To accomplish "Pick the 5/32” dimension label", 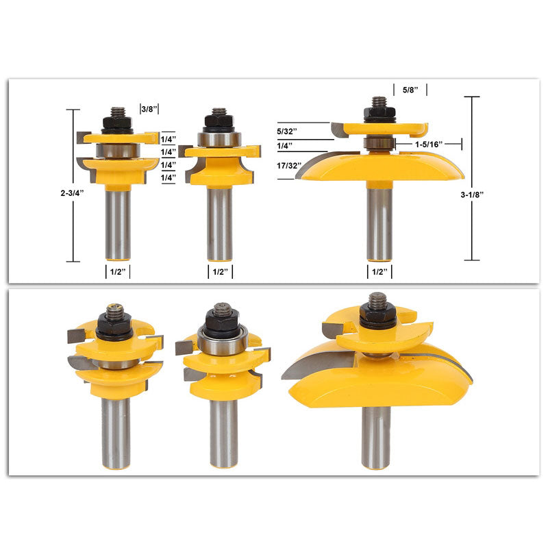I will click(287, 129).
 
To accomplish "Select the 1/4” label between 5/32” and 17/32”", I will click(285, 145).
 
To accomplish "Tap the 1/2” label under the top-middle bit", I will click(219, 272).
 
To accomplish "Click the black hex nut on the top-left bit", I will click(117, 124).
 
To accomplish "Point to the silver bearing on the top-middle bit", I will click(219, 139).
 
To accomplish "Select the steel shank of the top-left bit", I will click(118, 223).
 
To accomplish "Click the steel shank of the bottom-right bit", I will click(376, 438).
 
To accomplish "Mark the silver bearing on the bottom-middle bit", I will click(221, 341).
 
